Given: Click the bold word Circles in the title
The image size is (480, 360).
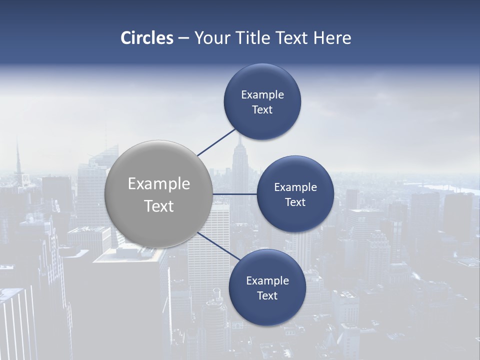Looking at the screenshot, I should click(x=147, y=38).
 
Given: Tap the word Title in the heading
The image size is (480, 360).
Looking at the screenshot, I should click(x=253, y=38).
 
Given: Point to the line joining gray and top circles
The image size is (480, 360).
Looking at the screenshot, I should click(x=216, y=142).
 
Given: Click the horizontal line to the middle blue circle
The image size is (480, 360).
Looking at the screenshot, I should click(x=234, y=194).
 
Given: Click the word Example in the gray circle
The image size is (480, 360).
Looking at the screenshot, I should click(x=159, y=184).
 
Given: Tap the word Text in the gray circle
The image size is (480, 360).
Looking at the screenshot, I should click(x=159, y=206).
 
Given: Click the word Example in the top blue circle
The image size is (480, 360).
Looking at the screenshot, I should click(x=262, y=94).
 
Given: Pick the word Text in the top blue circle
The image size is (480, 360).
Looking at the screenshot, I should click(x=262, y=110).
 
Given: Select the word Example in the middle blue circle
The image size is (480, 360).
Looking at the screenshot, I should click(x=295, y=187).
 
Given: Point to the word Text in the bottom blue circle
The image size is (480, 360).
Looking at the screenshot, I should click(x=267, y=295).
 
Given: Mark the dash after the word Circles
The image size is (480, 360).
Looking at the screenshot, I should click(x=183, y=38).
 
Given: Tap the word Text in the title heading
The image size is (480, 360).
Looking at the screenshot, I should click(x=292, y=38).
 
